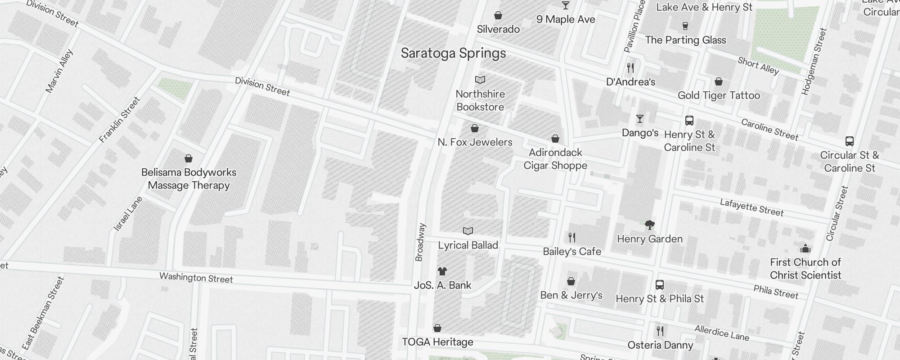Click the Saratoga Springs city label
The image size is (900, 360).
453,53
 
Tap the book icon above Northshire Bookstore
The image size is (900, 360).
480,80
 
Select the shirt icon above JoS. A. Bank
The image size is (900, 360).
442,271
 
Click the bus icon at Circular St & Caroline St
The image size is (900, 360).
849,141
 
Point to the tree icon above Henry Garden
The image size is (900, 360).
649,225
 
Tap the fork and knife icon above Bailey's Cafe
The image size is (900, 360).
571,237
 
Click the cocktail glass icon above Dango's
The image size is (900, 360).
639,119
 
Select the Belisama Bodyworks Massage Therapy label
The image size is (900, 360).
189,179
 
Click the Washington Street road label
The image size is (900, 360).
196,278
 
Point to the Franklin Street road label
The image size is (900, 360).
120,120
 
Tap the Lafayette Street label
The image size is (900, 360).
751,207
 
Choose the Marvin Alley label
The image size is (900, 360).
59,71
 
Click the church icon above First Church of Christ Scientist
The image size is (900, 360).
805,248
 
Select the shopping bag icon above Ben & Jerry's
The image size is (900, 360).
571,281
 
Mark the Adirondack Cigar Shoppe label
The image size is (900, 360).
555,159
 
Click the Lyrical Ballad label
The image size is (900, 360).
468,245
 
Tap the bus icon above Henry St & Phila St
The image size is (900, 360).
659,285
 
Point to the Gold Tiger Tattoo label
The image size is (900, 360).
719,95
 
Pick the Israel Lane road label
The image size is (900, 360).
128,214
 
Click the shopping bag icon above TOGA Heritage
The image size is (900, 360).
437,328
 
